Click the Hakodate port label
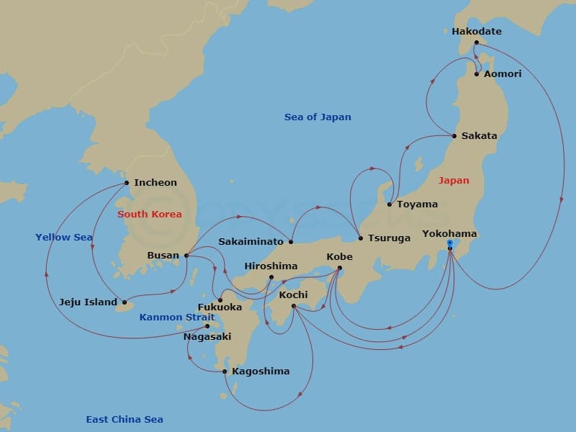[476, 32]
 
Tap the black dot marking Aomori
[477, 73]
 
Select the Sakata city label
[479, 135]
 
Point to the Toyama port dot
[390, 204]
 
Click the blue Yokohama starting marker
[450, 244]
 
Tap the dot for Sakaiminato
[291, 241]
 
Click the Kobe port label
[339, 256]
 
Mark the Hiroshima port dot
[271, 277]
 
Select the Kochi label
[293, 295]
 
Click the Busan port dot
[186, 255]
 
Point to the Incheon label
[155, 183]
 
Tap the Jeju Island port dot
[125, 302]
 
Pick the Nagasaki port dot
[207, 326]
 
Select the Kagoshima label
[261, 372]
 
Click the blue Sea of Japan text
[318, 117]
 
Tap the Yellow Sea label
[64, 237]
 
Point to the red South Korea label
[150, 215]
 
